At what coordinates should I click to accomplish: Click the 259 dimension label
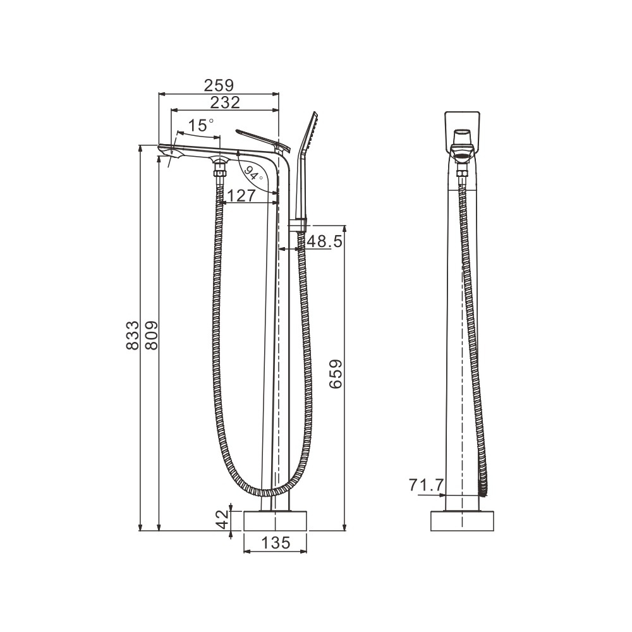(219, 85)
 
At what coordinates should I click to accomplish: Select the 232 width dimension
(226, 102)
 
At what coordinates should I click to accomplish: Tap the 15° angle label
(201, 125)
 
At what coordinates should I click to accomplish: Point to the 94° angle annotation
(253, 173)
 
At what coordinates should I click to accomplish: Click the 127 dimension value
(241, 195)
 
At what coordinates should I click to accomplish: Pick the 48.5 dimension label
(324, 241)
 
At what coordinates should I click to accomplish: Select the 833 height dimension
(133, 336)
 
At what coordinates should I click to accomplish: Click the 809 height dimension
(151, 336)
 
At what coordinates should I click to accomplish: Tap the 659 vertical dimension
(336, 374)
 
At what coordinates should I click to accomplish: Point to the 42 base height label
(222, 520)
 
